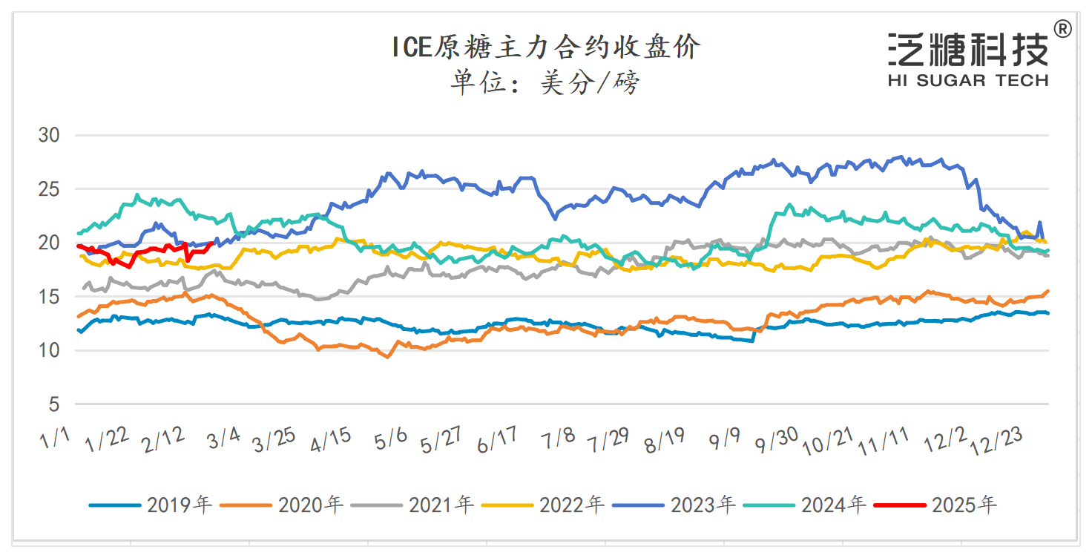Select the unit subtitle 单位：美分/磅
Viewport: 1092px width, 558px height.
tap(545, 83)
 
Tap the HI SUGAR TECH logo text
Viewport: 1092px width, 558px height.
tap(967, 80)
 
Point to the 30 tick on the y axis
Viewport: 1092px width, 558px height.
tap(49, 136)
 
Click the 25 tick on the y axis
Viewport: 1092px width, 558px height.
tap(49, 189)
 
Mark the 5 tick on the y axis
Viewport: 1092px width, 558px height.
tap(55, 404)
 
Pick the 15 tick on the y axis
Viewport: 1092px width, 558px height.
tap(49, 297)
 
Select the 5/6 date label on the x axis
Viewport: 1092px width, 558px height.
tap(391, 440)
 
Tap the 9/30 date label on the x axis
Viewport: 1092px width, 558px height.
tap(776, 441)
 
